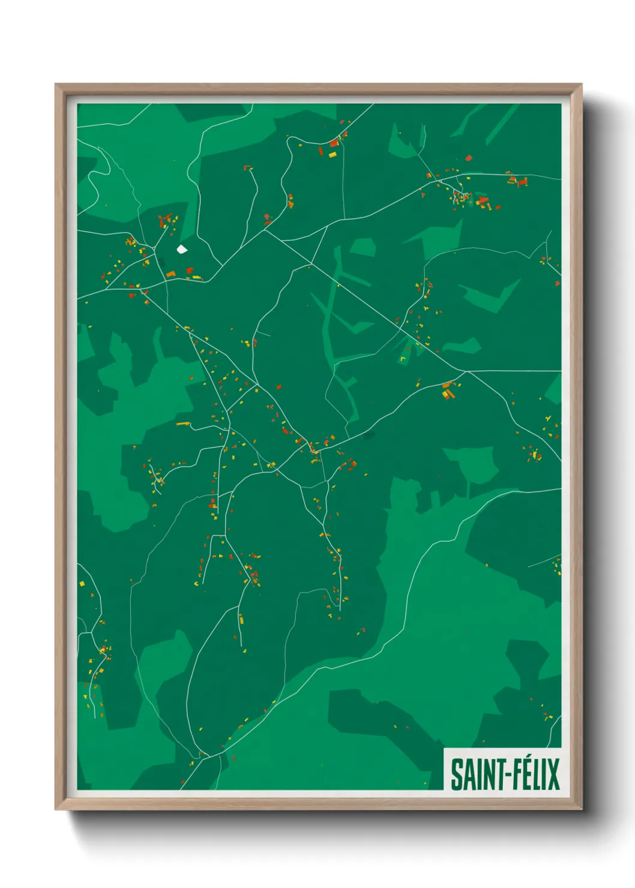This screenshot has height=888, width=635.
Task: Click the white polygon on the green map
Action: pyautogui.click(x=181, y=248)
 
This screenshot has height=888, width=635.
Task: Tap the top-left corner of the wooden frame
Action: pyautogui.click(x=55, y=84)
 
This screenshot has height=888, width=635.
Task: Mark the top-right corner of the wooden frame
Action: pyautogui.click(x=582, y=84)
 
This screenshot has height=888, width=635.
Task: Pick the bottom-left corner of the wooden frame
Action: pyautogui.click(x=55, y=809)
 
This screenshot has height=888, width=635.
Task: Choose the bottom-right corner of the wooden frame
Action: pyautogui.click(x=582, y=809)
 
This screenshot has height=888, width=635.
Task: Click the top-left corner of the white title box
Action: pyautogui.click(x=444, y=748)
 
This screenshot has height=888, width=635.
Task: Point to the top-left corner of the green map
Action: pyautogui.click(x=77, y=104)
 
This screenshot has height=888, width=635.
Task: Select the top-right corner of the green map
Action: pyautogui.click(x=561, y=104)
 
